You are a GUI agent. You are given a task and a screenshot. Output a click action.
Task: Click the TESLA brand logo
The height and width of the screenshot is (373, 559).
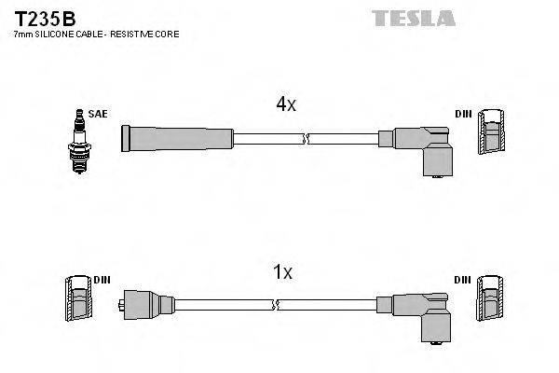coord(413,18)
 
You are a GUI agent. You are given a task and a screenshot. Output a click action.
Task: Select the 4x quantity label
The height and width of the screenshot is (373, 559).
coord(285,105)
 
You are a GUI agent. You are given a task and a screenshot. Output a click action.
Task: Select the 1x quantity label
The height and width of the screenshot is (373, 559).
coord(282,272)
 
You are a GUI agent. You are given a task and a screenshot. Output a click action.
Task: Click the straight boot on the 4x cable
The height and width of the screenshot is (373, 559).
coord(177,138)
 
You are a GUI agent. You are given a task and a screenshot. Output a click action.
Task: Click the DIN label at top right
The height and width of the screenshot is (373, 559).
coord(463,114)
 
